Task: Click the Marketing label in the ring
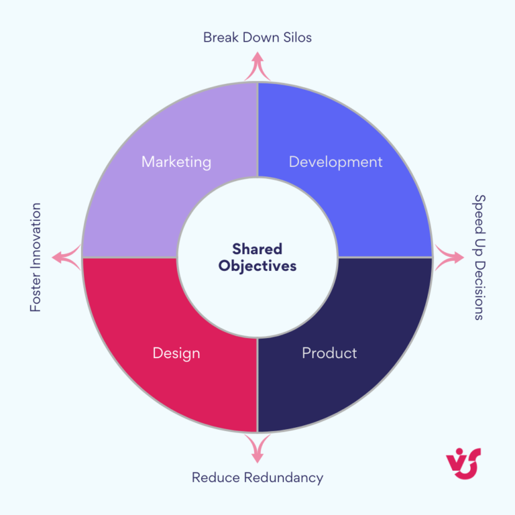click(176, 162)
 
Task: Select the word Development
click(336, 162)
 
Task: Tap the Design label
click(176, 354)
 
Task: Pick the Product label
click(329, 353)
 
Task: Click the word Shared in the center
click(257, 249)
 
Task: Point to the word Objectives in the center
click(257, 266)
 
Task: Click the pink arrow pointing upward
click(257, 66)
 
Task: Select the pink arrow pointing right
click(449, 257)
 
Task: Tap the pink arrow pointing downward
click(257, 449)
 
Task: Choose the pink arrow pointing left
click(66, 257)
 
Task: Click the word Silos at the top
click(298, 38)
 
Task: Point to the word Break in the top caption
click(221, 38)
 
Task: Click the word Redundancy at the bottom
click(284, 478)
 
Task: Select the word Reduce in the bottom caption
click(216, 478)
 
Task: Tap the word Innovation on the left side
click(36, 237)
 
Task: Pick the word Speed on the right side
click(480, 215)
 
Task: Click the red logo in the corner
click(463, 463)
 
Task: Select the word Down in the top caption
click(261, 38)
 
